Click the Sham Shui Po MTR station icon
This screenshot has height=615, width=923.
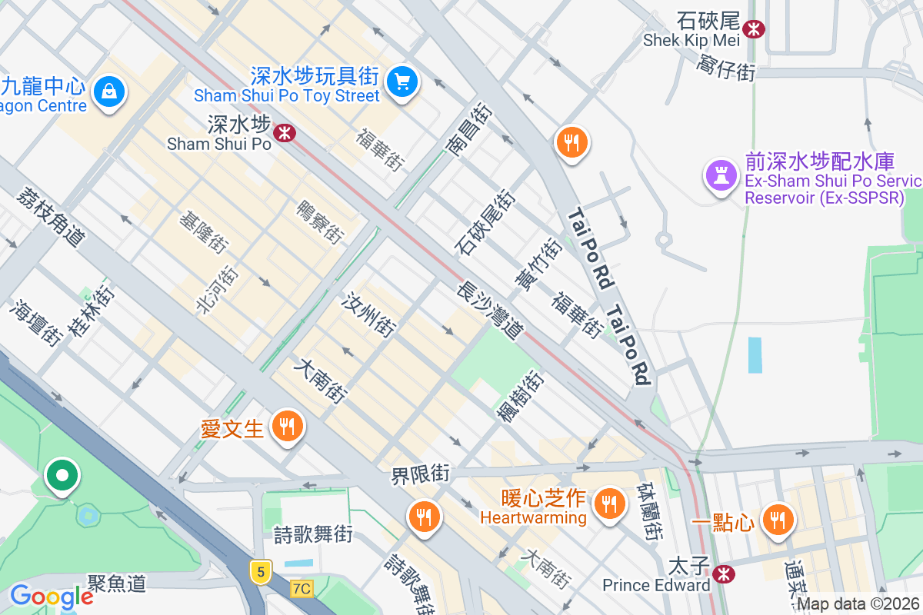[x=285, y=133]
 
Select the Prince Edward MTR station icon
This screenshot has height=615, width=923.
[x=722, y=573]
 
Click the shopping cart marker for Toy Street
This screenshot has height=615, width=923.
[x=402, y=81]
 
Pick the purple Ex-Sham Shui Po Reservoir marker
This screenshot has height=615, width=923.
[x=721, y=175]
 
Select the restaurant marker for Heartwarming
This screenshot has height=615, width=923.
[x=611, y=504]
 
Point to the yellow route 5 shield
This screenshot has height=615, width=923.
[x=262, y=571]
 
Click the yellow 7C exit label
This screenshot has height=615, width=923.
[x=302, y=589]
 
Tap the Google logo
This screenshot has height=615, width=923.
[x=52, y=597]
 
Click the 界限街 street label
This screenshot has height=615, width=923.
[x=420, y=474]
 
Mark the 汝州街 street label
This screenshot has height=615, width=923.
[x=370, y=314]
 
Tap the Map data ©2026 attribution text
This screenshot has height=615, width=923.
[x=858, y=604]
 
